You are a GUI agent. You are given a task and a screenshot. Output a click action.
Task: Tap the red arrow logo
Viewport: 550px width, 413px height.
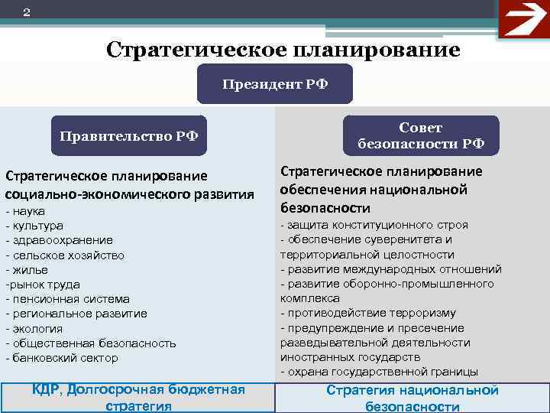click(x=523, y=19)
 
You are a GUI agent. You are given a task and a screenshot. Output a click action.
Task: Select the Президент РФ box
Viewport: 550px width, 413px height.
click(x=275, y=84)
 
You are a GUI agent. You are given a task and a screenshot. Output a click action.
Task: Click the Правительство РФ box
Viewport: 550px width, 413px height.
click(x=129, y=136)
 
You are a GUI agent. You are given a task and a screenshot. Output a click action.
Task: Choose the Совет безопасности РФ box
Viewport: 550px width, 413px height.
click(x=421, y=136)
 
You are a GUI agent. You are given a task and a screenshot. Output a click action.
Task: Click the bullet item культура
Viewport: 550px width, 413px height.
click(x=37, y=226)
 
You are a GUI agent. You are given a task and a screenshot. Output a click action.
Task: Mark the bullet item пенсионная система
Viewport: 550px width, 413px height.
click(x=70, y=299)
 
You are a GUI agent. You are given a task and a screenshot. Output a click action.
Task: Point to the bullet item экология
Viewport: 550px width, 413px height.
click(x=37, y=328)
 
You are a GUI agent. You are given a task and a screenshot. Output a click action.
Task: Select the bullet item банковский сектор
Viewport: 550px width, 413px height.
click(x=64, y=357)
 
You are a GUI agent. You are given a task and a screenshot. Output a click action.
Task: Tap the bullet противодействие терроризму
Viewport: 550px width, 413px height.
click(x=370, y=313)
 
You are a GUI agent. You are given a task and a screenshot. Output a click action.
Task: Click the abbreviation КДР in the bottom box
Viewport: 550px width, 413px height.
click(x=47, y=390)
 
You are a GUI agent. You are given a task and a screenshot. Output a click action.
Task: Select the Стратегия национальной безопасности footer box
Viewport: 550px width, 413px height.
click(x=412, y=398)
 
